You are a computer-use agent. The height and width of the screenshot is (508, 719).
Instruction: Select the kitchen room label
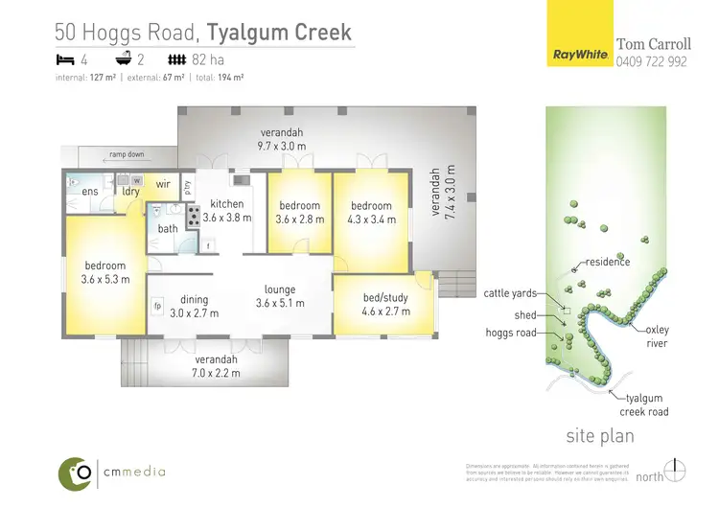click(227, 211)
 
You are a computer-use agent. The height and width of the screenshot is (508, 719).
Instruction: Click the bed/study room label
click(386, 305)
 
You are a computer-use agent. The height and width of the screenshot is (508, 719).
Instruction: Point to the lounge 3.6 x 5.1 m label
click(280, 296)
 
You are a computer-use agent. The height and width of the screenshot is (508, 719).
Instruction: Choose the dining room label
click(195, 306)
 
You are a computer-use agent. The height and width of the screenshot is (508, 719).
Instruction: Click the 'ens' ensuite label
click(90, 192)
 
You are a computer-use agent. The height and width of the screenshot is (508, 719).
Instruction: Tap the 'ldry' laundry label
click(131, 192)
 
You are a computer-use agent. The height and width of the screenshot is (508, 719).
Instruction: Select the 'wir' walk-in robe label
click(163, 183)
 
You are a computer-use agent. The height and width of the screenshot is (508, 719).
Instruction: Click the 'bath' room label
click(168, 228)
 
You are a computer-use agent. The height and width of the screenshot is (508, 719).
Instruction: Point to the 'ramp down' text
click(127, 154)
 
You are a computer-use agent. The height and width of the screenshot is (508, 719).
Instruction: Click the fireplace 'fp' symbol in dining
click(157, 307)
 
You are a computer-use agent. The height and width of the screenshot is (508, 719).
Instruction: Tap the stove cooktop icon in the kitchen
click(192, 216)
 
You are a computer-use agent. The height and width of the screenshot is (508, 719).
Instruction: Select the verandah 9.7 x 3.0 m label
click(280, 139)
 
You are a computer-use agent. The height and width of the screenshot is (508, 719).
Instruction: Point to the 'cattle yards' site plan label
click(510, 294)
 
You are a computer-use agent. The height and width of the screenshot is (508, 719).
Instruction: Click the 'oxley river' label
click(658, 335)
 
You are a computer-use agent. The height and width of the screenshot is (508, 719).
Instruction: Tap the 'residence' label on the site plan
click(608, 262)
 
